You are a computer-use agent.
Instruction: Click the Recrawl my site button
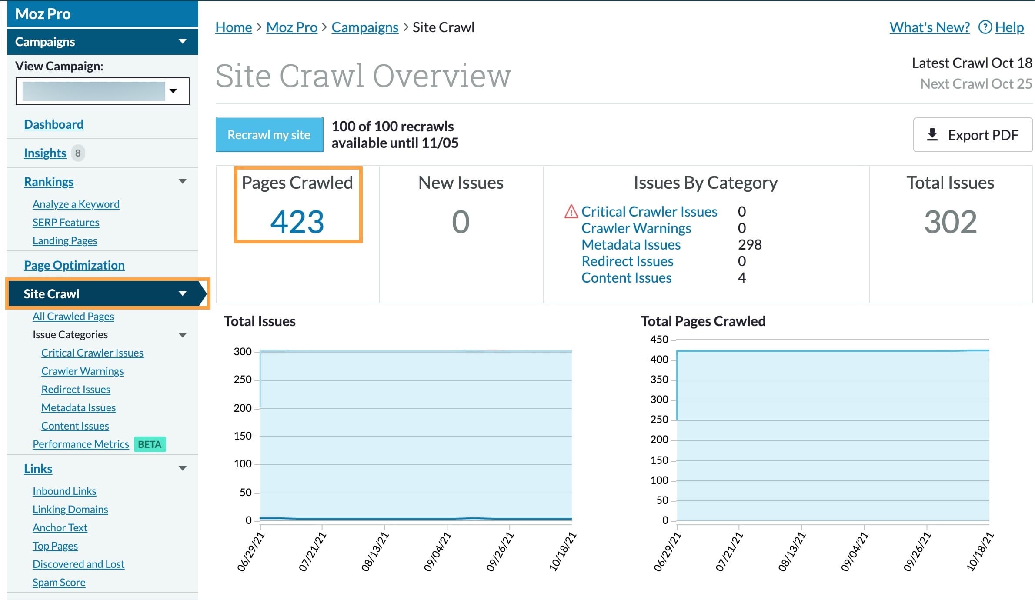(x=269, y=135)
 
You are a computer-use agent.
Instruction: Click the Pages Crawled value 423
(x=297, y=222)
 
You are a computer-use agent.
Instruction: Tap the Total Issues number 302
(x=950, y=222)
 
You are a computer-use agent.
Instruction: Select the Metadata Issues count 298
(x=749, y=245)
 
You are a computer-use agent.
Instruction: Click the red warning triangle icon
(x=571, y=212)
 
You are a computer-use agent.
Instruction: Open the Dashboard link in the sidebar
(x=53, y=124)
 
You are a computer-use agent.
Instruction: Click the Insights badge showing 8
(x=78, y=153)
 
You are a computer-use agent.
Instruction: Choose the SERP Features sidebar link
(x=66, y=222)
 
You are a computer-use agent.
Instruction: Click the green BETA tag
(x=150, y=444)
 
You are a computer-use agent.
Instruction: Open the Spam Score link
(x=59, y=582)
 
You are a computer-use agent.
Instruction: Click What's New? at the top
(x=929, y=27)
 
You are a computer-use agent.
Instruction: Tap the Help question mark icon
(x=985, y=27)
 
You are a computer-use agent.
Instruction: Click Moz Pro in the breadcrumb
(x=291, y=27)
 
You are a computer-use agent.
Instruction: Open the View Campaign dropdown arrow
(x=173, y=91)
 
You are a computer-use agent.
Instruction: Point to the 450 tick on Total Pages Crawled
(x=659, y=339)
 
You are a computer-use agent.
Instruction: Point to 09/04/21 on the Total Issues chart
(x=438, y=551)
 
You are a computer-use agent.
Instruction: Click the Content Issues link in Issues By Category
(x=626, y=278)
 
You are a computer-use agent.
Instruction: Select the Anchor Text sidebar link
(x=60, y=527)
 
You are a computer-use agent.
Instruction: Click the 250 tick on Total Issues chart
(x=243, y=380)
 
